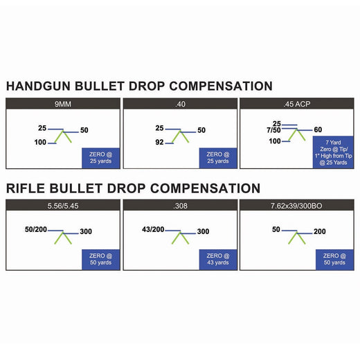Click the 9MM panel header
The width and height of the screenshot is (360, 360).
[63, 104]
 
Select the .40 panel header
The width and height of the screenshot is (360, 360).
[180, 104]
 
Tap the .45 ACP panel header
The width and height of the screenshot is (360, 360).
[297, 104]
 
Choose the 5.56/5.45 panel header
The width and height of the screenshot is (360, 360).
[63, 205]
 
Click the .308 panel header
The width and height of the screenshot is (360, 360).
[180, 205]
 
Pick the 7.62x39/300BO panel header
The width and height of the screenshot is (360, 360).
[297, 205]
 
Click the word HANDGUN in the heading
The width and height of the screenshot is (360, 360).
[38, 86]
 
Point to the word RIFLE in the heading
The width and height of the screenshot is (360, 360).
[26, 188]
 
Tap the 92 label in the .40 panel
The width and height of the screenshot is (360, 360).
[159, 142]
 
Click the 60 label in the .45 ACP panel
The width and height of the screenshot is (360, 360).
[318, 129]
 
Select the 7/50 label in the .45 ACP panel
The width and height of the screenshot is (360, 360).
[273, 130]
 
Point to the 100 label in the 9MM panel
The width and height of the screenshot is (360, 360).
[40, 142]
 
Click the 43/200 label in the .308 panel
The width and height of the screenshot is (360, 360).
[153, 229]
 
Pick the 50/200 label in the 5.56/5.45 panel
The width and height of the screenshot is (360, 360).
[36, 229]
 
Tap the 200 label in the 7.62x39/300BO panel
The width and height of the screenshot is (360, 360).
[320, 231]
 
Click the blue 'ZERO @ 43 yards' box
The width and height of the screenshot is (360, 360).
[218, 260]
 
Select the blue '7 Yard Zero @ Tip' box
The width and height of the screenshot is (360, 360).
[333, 152]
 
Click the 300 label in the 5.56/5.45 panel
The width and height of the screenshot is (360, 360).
[86, 231]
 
